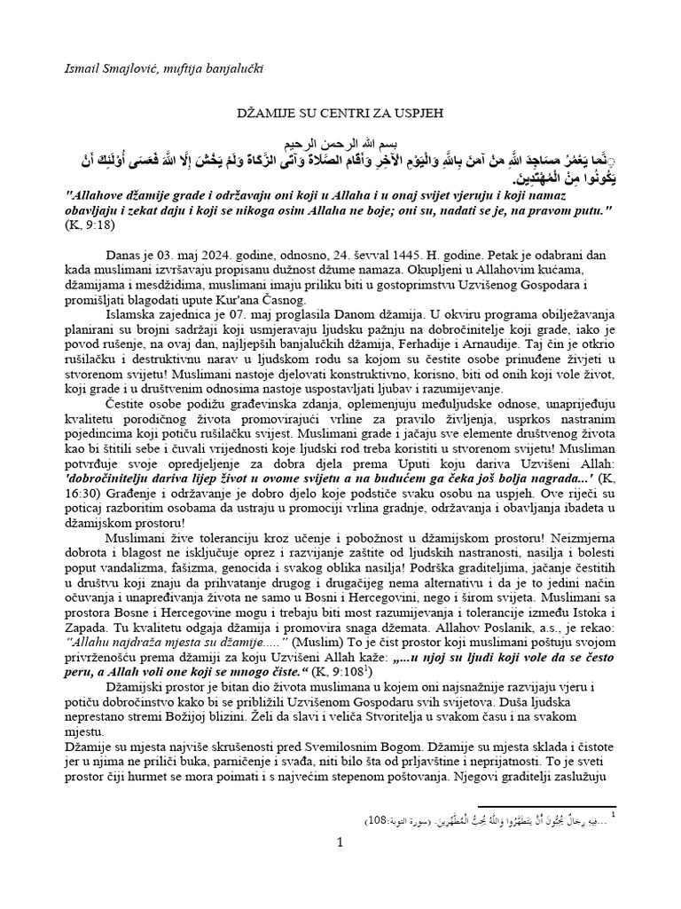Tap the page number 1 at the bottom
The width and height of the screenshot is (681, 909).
pos(340,844)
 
